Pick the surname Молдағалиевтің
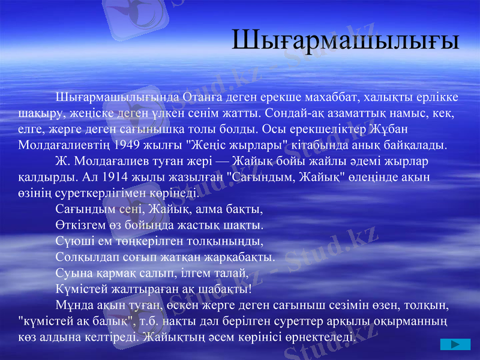pyautogui.click(x=67, y=145)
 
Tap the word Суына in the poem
pyautogui.click(x=71, y=274)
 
